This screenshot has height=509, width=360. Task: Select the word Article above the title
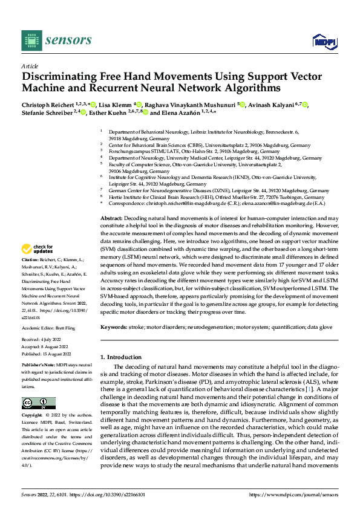(x=30, y=65)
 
